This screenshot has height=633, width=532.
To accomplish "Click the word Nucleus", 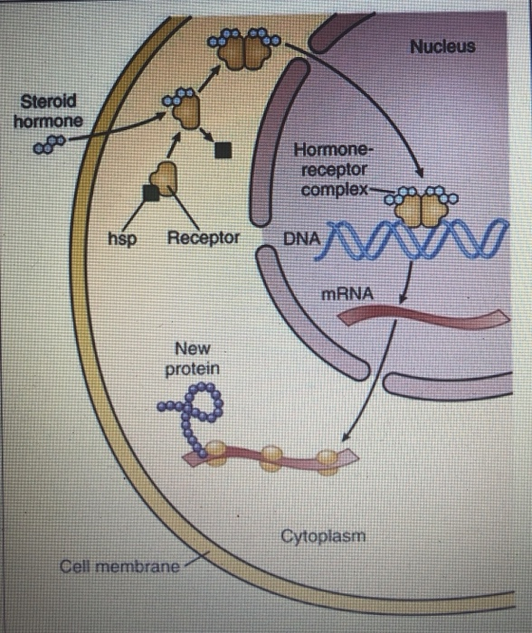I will pos(442,46).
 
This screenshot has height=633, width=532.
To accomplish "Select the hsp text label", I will pos(121,239).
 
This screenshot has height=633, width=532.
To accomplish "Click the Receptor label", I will pos(204,239).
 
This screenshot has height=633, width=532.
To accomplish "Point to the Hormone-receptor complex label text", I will pos(331,170).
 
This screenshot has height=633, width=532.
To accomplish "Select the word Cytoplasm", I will pos(323,535).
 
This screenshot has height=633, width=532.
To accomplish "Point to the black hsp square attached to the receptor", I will pos(150,191).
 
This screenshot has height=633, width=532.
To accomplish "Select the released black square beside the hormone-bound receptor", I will pos(220,150).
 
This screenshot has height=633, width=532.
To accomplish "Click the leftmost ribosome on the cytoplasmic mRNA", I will pos(218,449).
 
